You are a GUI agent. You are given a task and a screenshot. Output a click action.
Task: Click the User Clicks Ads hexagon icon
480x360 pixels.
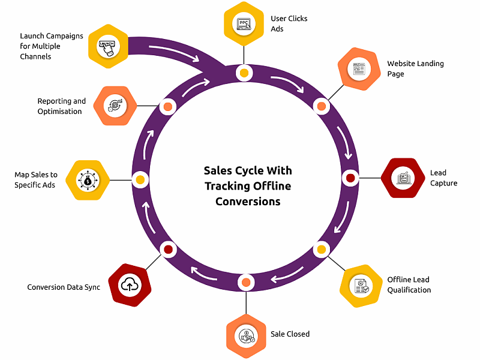coord(244,24)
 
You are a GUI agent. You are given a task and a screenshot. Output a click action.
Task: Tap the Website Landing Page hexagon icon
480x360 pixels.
coord(359,69)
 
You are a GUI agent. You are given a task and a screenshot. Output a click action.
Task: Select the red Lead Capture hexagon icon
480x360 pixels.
coord(403,178)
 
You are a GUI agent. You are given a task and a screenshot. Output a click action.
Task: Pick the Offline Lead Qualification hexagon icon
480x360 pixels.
coord(361,286)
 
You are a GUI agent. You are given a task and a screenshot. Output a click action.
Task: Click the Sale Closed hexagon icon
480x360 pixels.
coord(246,335)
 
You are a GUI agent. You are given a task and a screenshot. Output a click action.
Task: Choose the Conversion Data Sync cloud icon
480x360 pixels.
coord(130,285)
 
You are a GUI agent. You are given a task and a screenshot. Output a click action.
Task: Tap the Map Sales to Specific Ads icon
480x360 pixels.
coord(88,179)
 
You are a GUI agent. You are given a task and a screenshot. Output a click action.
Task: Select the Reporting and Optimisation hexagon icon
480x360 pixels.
coord(115,106)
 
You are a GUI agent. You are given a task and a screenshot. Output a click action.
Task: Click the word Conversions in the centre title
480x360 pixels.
coord(248,202)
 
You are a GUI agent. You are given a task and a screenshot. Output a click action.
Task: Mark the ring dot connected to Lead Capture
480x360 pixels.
coord(350,178)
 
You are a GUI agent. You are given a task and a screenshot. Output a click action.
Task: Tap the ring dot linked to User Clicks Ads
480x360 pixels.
coord(244,74)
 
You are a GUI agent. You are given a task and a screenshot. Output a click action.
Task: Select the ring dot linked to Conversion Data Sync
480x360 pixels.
coord(168,249)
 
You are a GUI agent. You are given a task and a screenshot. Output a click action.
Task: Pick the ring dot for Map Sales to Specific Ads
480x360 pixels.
coord(140,179)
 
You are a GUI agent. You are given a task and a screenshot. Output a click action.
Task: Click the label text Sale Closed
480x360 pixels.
coord(290,334)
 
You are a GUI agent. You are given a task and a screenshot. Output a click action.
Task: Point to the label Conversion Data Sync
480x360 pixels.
coord(64,287)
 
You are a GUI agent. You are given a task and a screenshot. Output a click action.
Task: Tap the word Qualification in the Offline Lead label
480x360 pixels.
coord(409,290)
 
